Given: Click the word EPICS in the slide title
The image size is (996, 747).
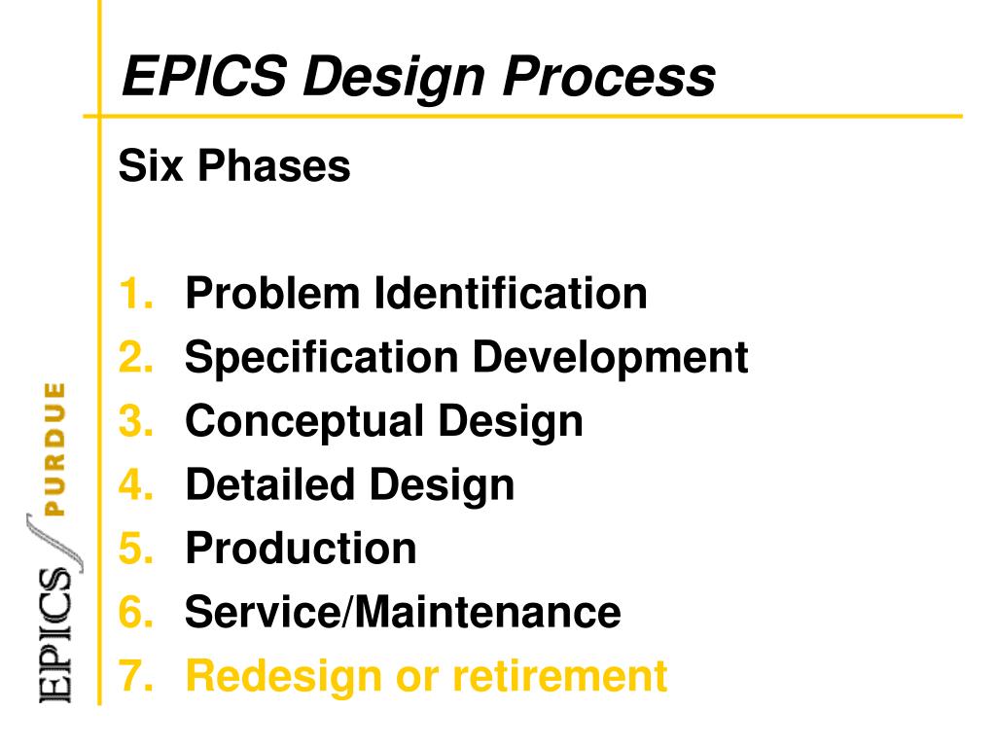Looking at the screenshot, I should tap(204, 77).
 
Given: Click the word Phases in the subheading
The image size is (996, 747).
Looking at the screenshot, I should tap(274, 166).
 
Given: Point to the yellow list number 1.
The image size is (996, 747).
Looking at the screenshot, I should tap(135, 294).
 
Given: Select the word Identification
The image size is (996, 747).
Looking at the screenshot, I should tap(511, 294).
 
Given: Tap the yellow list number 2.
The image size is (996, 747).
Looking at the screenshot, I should tap(135, 358).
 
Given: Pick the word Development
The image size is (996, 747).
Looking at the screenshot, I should tap(610, 358).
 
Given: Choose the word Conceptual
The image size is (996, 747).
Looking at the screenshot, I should tap(303, 421).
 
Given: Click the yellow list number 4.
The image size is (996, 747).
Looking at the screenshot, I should tap(135, 484).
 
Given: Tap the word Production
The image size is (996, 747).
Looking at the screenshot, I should tap(301, 549).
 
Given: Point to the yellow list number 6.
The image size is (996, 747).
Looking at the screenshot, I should tap(135, 613).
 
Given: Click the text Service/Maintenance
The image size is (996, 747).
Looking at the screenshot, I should tap(403, 613).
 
